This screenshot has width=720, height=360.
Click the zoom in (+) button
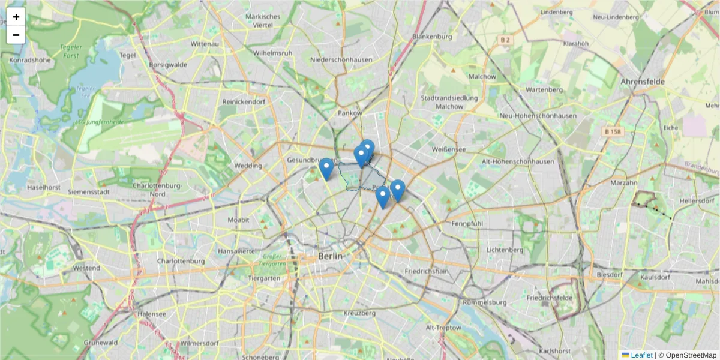16,17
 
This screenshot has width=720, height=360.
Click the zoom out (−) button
16,35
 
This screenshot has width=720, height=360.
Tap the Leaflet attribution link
641,355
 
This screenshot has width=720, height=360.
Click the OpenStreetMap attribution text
691,355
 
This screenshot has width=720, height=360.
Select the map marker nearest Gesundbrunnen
326,169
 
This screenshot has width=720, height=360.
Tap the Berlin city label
331,256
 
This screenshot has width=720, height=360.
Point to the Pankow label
350,113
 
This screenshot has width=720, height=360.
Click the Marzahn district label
623,182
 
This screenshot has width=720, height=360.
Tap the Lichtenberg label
489,250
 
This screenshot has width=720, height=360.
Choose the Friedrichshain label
427,272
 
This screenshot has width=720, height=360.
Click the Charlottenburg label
181,262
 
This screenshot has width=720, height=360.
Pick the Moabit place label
238,220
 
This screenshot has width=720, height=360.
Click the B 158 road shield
612,131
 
